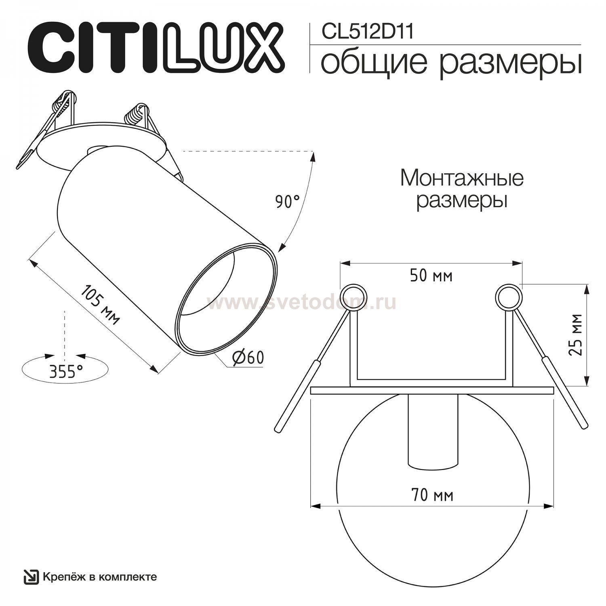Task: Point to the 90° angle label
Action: pos(288,201)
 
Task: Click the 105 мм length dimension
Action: pos(101,305)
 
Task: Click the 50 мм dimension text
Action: pos(431,276)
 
